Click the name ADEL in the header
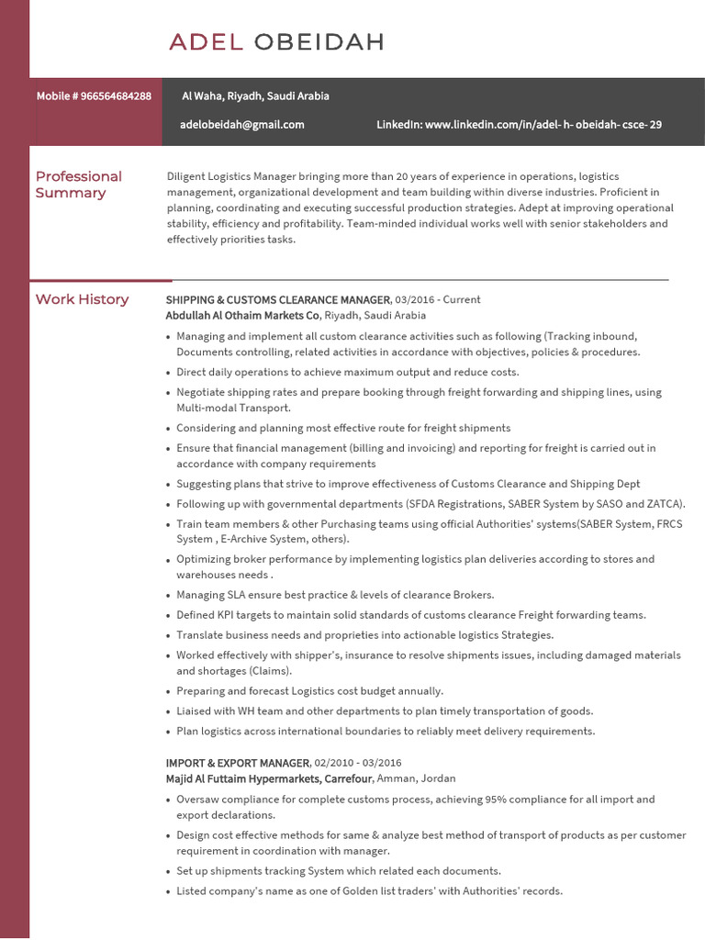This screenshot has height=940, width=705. (x=206, y=41)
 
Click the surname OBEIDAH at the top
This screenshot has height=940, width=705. (x=318, y=41)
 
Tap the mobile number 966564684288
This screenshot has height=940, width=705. (x=117, y=96)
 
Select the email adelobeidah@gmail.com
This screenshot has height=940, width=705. (x=242, y=125)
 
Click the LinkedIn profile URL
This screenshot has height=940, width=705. (x=543, y=125)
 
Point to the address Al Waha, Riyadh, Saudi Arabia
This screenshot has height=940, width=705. (x=255, y=96)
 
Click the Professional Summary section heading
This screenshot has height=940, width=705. (x=78, y=185)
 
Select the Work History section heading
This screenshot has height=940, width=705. (x=82, y=299)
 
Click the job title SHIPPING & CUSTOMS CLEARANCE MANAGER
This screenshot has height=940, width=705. (x=277, y=300)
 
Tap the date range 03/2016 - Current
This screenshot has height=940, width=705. (x=438, y=300)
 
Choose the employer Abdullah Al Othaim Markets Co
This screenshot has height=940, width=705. (x=242, y=315)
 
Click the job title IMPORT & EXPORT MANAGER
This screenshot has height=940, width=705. (x=237, y=763)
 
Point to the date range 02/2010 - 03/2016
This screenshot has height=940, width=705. (x=358, y=763)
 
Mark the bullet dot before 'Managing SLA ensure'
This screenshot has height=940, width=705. (x=168, y=596)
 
